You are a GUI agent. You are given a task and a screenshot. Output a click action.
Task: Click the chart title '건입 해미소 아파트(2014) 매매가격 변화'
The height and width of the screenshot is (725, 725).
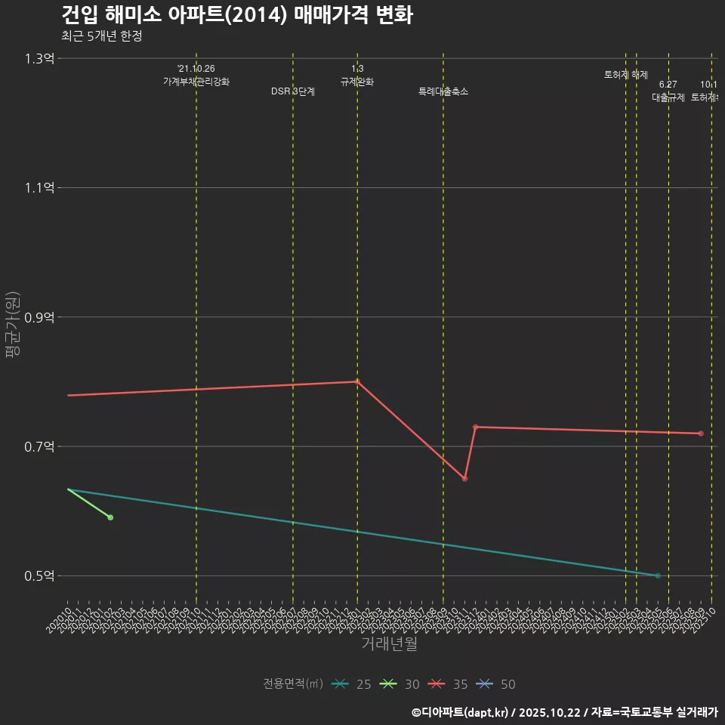[x=236, y=15]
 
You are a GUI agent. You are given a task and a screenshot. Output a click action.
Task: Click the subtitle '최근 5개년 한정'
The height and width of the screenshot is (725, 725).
[x=101, y=36]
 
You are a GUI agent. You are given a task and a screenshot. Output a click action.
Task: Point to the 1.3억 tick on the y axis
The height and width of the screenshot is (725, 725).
[x=39, y=58]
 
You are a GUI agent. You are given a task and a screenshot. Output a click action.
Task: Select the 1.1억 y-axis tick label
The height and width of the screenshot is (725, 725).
[x=39, y=187]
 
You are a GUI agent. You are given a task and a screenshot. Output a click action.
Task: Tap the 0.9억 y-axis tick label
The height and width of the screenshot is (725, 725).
[x=39, y=317]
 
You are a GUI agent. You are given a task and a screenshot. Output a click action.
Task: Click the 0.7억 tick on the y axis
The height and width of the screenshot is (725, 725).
[x=39, y=446]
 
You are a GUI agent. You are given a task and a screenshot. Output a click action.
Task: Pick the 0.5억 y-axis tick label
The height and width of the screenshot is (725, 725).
[x=39, y=575]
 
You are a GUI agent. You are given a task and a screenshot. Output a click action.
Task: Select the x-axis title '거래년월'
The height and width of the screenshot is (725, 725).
[x=389, y=643]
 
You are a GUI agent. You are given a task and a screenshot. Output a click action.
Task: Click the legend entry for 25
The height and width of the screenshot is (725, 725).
[x=352, y=684]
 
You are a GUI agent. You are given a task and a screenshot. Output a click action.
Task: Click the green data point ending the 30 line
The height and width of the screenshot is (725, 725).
[x=110, y=517]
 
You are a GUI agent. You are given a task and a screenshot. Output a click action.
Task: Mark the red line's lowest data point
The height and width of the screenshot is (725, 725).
[x=464, y=479]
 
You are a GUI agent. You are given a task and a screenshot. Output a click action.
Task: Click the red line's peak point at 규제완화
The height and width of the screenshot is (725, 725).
[x=357, y=381]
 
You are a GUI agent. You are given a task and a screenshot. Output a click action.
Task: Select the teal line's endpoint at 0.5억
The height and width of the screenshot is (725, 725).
[x=658, y=575]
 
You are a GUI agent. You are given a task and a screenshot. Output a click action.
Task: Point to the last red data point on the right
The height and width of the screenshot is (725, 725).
[x=701, y=433]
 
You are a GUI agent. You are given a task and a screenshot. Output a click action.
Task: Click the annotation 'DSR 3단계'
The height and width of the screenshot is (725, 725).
[x=293, y=91]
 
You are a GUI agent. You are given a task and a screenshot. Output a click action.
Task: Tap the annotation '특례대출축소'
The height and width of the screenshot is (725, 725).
[x=443, y=91]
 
